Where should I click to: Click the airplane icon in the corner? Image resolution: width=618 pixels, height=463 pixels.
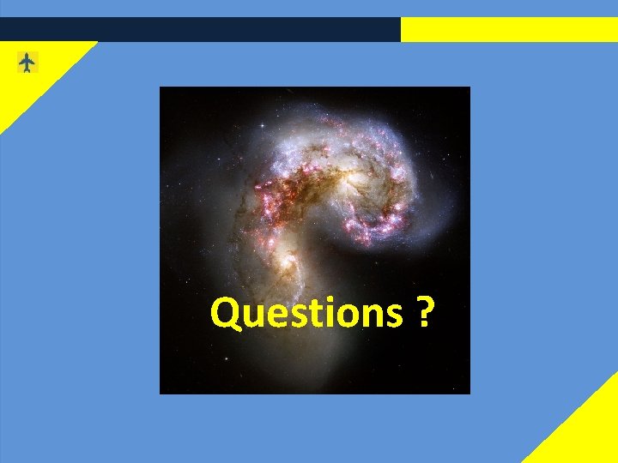[27, 63]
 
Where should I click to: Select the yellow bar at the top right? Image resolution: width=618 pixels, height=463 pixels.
[509, 29]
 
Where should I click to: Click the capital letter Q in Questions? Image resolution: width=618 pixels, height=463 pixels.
[226, 314]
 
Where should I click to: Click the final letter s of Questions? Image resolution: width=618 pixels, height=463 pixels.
[392, 316]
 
